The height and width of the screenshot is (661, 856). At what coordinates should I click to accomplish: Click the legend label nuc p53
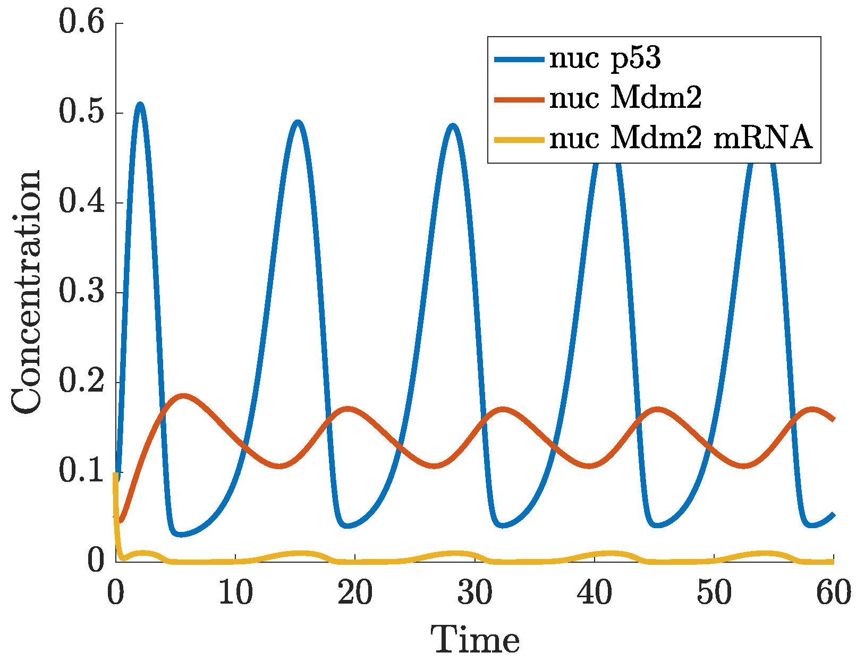[x=605, y=58]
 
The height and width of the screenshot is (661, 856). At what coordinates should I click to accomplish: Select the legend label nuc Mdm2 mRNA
[x=681, y=139]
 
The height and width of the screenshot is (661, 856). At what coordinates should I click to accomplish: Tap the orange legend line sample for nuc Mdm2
[x=519, y=99]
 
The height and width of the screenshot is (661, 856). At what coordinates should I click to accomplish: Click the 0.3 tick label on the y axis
[x=80, y=293]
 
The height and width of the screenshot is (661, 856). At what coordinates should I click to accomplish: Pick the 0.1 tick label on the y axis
[x=80, y=471]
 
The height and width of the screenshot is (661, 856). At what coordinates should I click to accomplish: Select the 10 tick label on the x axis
[x=235, y=593]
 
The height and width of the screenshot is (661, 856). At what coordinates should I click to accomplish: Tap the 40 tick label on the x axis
[x=595, y=593]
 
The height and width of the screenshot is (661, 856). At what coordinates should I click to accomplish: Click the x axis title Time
[x=474, y=640]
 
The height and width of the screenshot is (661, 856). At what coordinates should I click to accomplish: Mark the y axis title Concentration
[x=27, y=292]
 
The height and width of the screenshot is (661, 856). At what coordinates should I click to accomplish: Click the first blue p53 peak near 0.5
[x=140, y=105]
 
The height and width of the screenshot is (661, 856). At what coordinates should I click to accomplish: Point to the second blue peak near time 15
[x=298, y=123]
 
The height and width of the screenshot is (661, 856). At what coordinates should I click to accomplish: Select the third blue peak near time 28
[x=453, y=126]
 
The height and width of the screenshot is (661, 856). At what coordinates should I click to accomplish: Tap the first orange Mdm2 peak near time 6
[x=183, y=396]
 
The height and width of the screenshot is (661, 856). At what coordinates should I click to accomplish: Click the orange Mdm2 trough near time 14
[x=281, y=466]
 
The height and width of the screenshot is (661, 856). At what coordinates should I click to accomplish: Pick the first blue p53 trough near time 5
[x=181, y=534]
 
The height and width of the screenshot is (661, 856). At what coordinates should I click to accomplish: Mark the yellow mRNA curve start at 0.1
[x=116, y=474]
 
